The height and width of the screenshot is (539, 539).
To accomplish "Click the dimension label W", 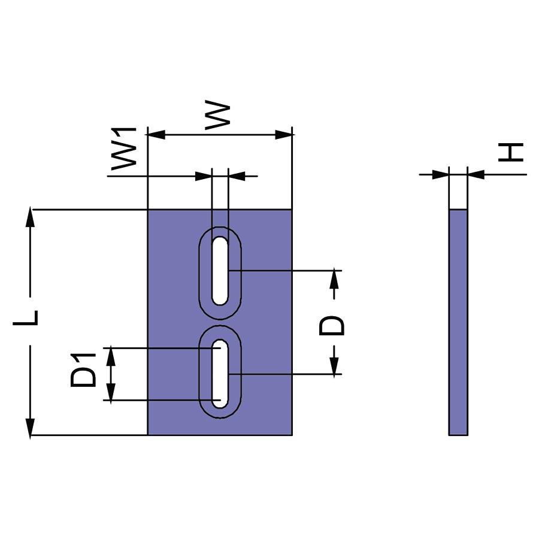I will (218, 116).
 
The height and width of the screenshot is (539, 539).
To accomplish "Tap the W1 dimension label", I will (125, 148).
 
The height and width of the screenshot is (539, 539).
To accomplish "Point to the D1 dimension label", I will (83, 371).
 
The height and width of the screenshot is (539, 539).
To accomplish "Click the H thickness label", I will (513, 152).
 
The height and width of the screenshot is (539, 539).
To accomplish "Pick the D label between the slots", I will (332, 325).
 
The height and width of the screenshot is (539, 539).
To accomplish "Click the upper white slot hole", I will (220, 270).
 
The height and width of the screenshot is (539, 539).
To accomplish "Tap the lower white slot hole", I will (220, 374).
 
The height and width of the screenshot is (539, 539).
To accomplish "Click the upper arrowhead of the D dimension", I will (334, 279).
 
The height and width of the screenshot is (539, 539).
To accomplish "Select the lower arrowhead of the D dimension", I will (334, 366).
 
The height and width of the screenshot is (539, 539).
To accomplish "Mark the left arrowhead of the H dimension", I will (441, 175).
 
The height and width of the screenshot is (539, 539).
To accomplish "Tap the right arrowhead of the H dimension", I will (476, 175).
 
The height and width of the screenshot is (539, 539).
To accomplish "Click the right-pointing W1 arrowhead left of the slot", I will (204, 176).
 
